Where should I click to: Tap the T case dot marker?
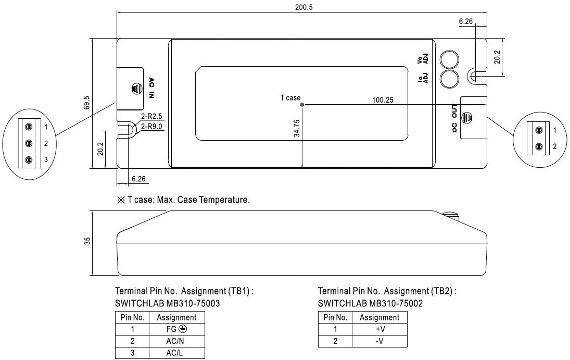coord(302,104)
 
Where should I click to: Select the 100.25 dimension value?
coord(383,100)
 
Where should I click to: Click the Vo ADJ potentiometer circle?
coord(449,59)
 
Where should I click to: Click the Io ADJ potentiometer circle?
coord(449,79)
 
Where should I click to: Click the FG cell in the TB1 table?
coord(177,329)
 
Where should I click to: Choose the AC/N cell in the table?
coord(177,341)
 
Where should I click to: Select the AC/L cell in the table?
coord(177,353)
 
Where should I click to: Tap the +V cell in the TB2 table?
coord(379,329)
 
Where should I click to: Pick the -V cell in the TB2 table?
coord(379,341)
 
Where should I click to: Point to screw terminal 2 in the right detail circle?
coord(539,146)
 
